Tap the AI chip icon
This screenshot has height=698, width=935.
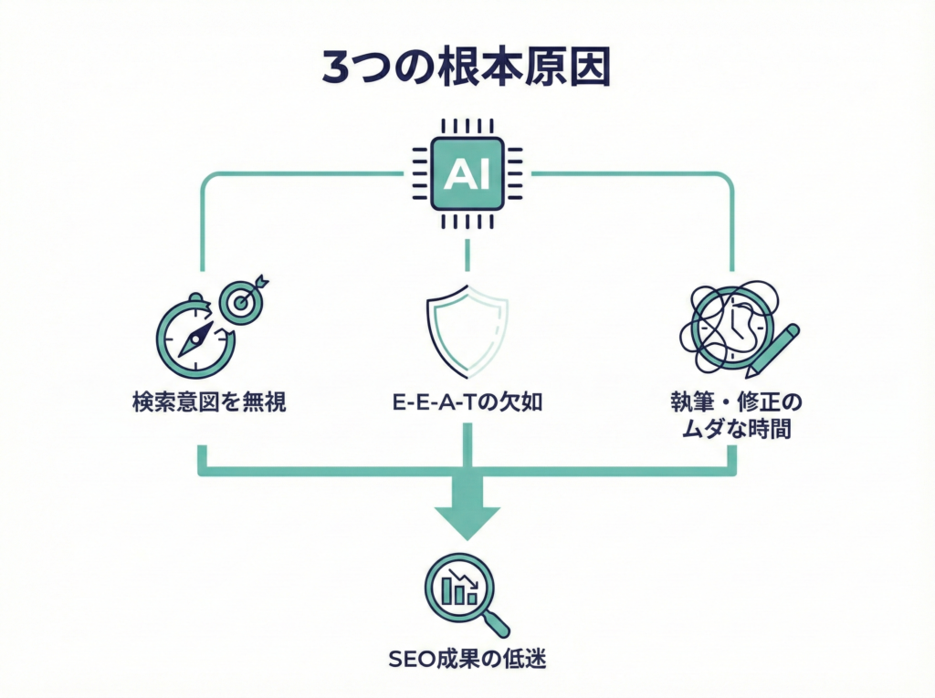tap(467, 174)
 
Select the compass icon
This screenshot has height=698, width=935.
tap(195, 339)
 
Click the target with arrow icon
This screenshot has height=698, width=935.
tap(242, 300)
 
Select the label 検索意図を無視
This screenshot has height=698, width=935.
tap(209, 401)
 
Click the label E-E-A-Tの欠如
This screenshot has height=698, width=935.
tap(467, 401)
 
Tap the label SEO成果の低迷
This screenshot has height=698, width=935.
tap(467, 657)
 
